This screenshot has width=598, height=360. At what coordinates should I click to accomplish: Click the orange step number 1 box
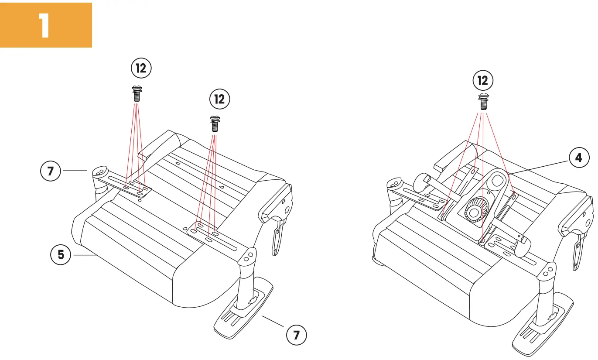coord(46,25)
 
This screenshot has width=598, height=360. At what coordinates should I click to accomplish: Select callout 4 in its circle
coord(578,158)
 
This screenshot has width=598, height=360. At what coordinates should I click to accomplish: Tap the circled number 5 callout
coord(61,254)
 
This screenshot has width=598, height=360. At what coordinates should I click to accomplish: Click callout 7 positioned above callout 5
coord(51,171)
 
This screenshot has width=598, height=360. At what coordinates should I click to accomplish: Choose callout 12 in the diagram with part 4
coord(483,81)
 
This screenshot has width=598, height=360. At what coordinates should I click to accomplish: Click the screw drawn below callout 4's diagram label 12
coord(483,102)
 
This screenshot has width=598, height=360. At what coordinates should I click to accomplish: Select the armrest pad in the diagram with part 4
coord(542,324)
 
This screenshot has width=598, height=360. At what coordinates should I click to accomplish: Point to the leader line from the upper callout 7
coord(75,171)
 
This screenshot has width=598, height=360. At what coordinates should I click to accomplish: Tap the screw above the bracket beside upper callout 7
coord(137,94)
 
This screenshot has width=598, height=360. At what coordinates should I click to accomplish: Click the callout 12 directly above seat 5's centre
coord(219,99)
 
